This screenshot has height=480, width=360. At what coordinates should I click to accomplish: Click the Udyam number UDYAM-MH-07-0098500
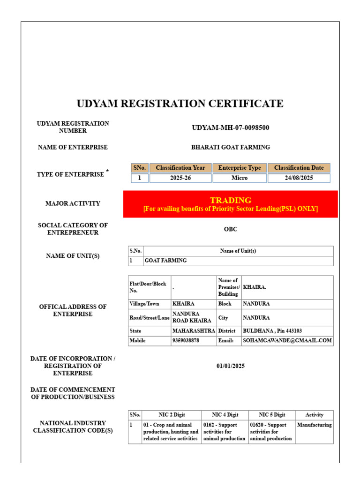(231, 127)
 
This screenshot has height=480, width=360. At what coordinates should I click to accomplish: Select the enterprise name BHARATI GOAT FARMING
(231, 147)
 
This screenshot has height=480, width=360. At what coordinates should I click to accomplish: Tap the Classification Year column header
(180, 168)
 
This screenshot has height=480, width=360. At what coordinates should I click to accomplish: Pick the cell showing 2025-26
(180, 179)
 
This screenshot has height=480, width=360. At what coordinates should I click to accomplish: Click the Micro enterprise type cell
(240, 179)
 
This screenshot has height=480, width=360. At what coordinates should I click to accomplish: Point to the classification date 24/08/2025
(299, 179)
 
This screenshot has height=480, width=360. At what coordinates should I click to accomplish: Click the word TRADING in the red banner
(231, 200)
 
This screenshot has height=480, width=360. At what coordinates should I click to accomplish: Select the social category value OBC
(231, 229)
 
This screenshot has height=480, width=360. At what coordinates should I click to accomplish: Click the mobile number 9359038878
(186, 341)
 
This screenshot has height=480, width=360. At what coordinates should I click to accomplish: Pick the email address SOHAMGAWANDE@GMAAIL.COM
(287, 341)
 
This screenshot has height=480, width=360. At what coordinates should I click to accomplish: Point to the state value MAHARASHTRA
(193, 331)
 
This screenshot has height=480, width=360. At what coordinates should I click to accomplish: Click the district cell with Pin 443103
(272, 331)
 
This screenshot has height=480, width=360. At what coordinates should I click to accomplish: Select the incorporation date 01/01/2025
(231, 366)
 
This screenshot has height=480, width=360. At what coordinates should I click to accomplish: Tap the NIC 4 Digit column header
(225, 415)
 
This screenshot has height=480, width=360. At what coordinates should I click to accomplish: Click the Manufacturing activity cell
(314, 425)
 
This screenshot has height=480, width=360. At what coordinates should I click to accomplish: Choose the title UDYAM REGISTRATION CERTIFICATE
(180, 104)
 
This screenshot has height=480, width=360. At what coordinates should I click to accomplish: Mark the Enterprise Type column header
(240, 168)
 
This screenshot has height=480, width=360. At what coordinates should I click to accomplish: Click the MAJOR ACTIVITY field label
(73, 203)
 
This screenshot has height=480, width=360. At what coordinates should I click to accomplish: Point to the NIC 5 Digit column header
(272, 415)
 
